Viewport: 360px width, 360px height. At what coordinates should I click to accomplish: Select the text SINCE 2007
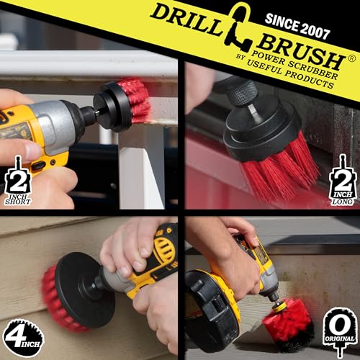click(x=297, y=27)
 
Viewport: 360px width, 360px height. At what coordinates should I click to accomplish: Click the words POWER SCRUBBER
click(x=296, y=64)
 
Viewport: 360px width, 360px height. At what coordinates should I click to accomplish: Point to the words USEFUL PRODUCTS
click(x=291, y=74)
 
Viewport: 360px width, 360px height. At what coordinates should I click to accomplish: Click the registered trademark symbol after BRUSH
click(x=352, y=59)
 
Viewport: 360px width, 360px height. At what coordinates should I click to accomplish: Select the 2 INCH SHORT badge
click(x=18, y=181)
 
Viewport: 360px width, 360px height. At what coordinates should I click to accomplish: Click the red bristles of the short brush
click(x=136, y=99)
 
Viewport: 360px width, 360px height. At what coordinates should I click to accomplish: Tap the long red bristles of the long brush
click(x=279, y=168)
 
